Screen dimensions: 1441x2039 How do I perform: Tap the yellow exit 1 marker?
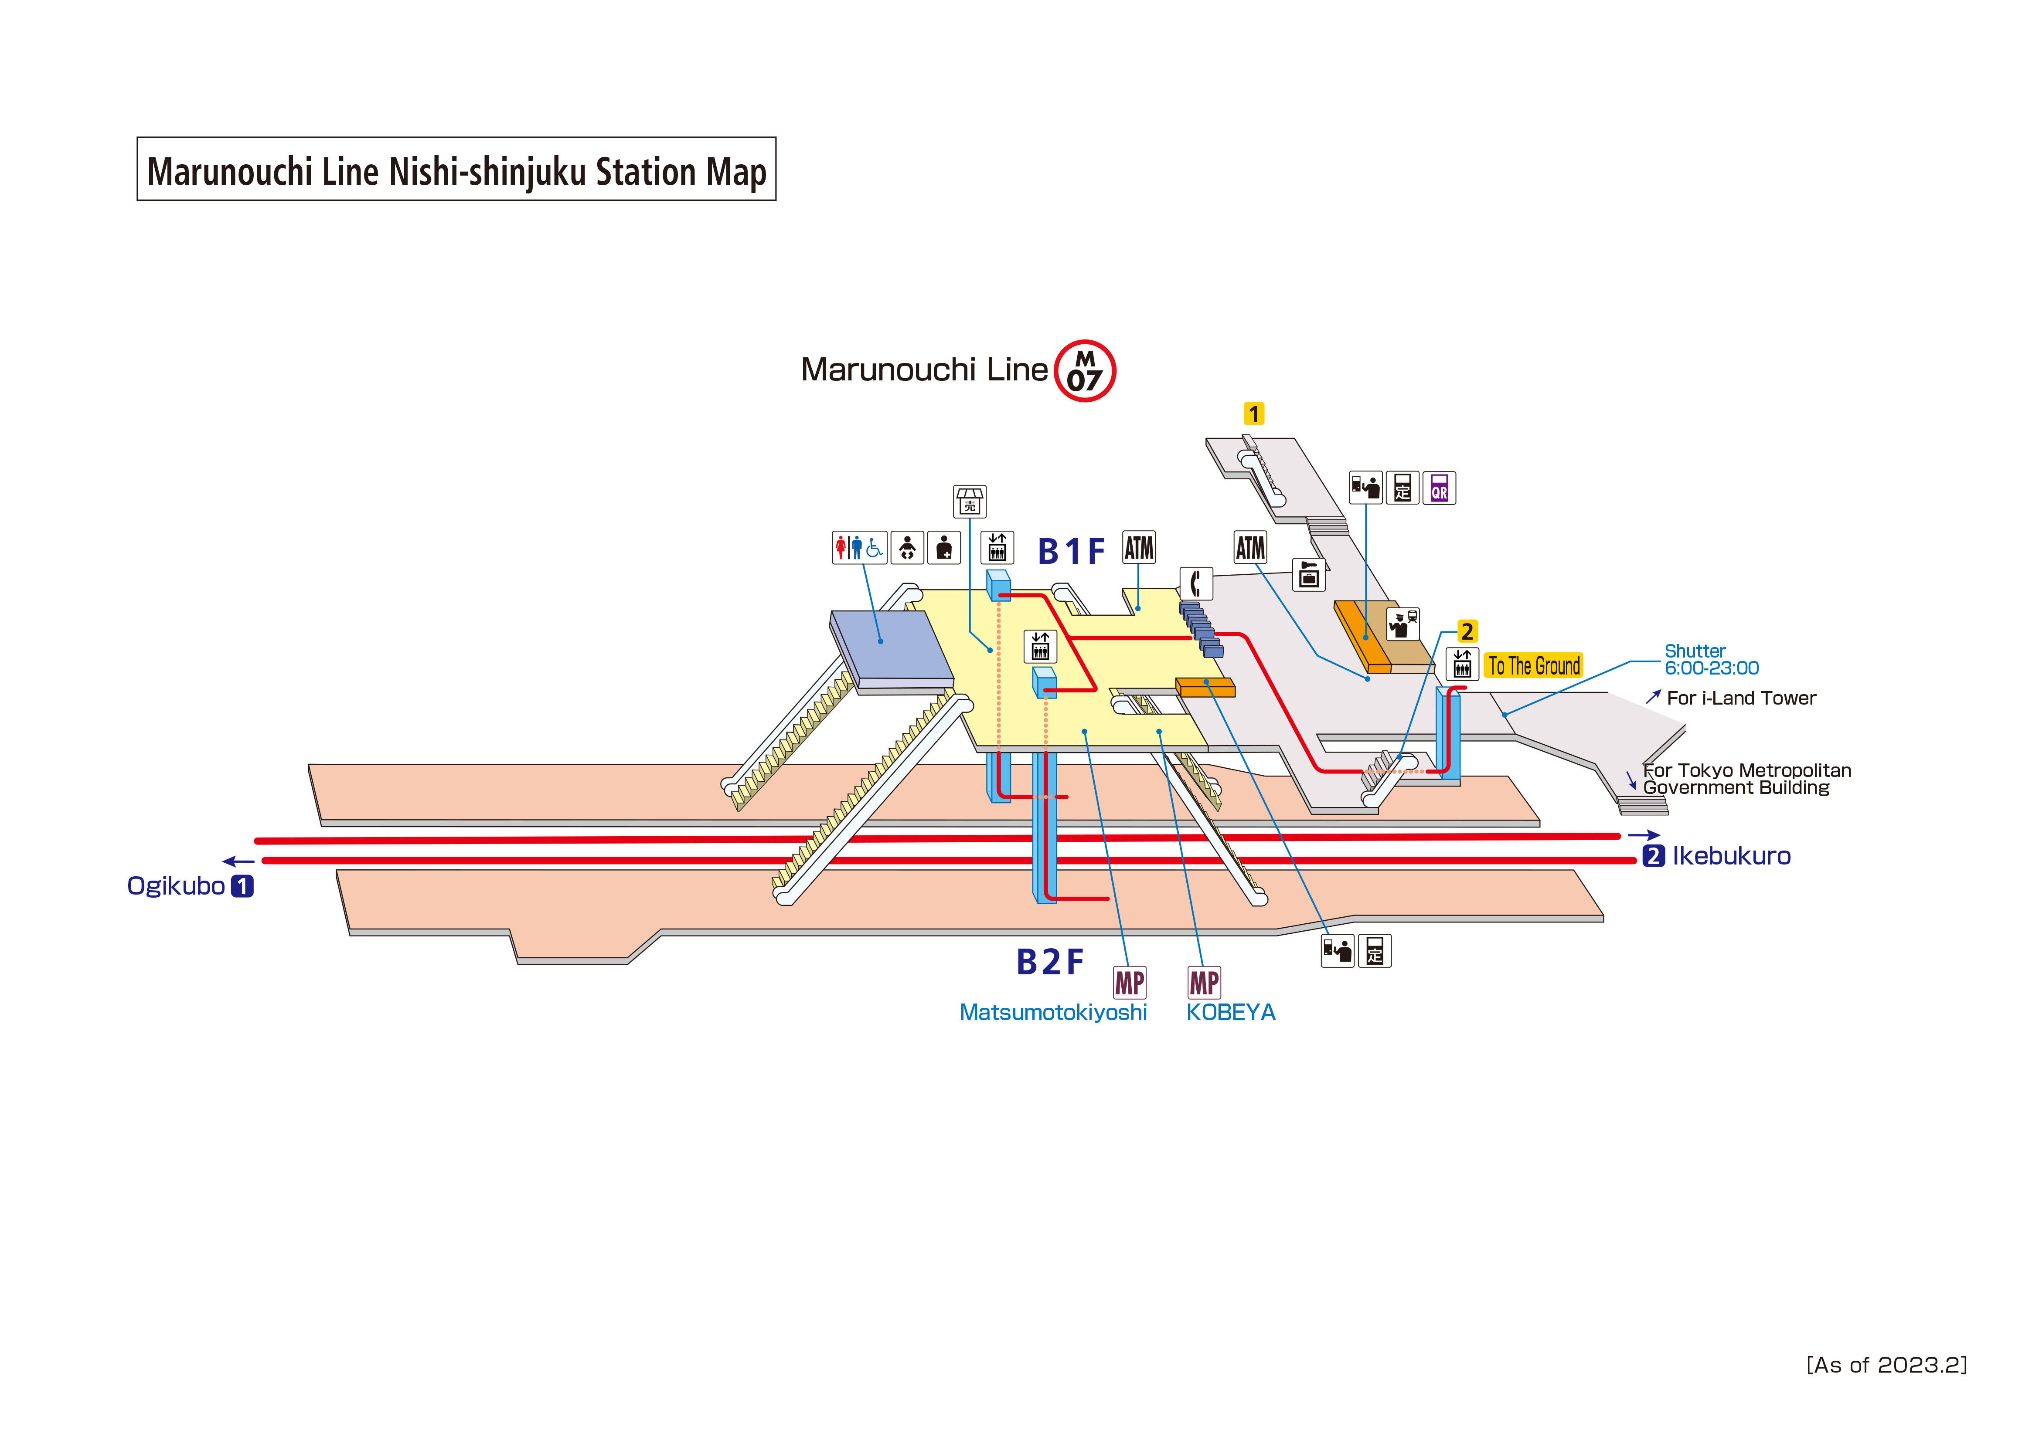pyautogui.click(x=1253, y=414)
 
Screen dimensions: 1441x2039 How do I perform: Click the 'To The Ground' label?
pyautogui.click(x=1534, y=665)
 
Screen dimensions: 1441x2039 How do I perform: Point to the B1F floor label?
pyautogui.click(x=1071, y=552)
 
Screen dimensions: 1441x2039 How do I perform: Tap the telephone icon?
pyautogui.click(x=1196, y=583)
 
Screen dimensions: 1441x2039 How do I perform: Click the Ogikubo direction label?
pyautogui.click(x=176, y=886)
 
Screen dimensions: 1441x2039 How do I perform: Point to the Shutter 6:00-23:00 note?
pyautogui.click(x=1710, y=660)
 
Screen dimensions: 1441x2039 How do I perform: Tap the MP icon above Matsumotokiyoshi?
pyautogui.click(x=1130, y=983)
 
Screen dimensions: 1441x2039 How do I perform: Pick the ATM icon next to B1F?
pyautogui.click(x=1138, y=548)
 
